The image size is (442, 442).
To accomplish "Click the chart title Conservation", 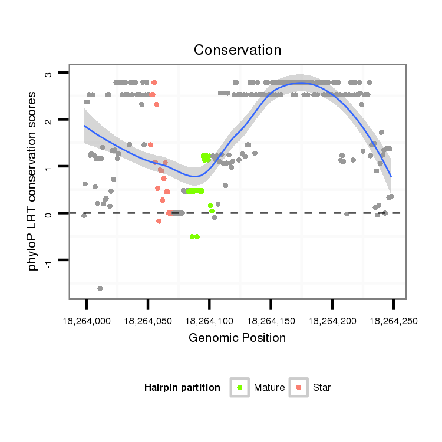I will coord(238,50).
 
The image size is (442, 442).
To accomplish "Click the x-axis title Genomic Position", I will coord(237,338).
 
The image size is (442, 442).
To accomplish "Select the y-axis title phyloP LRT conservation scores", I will coord(34,180).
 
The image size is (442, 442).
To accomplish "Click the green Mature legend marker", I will coord(240,387).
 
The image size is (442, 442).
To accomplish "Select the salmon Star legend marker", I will coord(299,387).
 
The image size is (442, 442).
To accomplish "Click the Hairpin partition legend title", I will coord(182,388).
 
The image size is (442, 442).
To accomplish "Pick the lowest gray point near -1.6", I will coord(100,288).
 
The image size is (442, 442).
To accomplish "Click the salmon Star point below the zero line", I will coord(159,221).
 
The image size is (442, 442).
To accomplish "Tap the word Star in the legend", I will coord(322,388).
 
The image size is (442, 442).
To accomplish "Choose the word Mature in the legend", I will coord(269,388).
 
